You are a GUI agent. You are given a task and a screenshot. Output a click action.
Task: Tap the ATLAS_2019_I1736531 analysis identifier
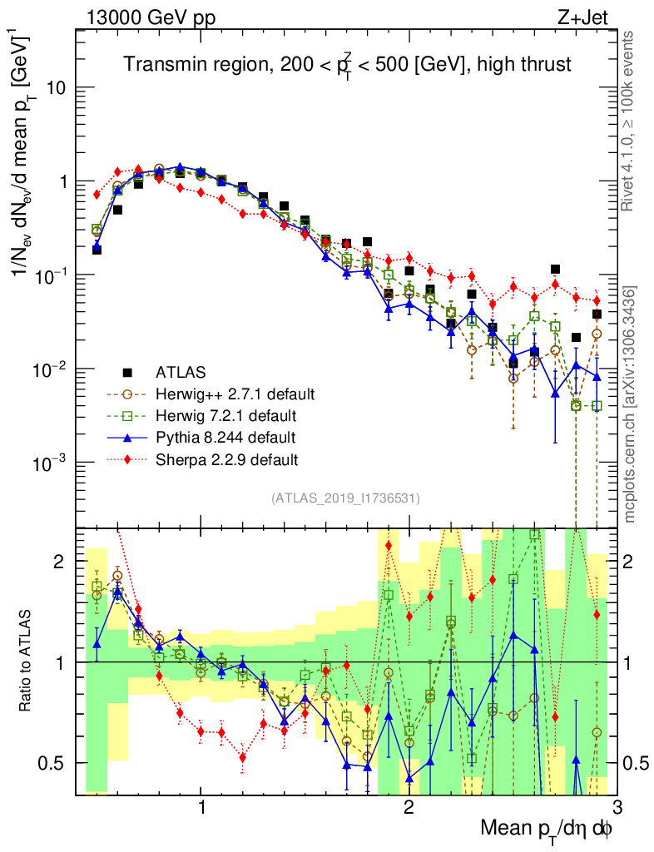(345, 498)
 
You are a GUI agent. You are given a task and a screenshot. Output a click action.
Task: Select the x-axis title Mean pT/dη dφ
(547, 828)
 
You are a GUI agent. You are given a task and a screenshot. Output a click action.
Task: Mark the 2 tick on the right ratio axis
(630, 562)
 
